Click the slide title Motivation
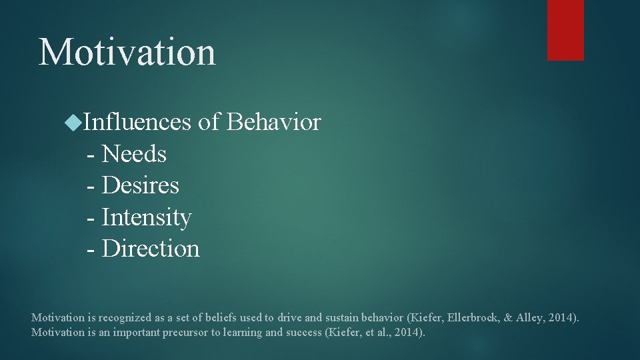127,52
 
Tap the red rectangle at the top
565,30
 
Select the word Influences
138,123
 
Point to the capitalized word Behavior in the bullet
273,123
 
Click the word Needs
134,154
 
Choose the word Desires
141,185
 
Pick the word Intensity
147,217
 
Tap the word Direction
151,249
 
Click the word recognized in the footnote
120,317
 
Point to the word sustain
342,317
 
